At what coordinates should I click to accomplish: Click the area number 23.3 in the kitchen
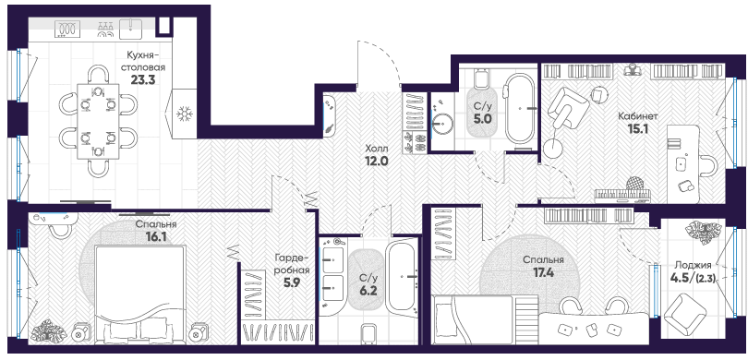[x=143, y=79]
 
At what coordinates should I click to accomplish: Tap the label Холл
[x=378, y=148]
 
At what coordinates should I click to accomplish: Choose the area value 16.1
[x=156, y=235]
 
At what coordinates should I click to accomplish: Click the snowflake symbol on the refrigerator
[x=183, y=114]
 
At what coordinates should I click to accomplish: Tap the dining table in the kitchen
[x=98, y=122]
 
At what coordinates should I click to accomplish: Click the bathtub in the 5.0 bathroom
[x=520, y=109]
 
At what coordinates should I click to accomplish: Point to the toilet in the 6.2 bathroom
[x=369, y=334]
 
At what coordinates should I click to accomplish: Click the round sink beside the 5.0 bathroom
[x=441, y=126]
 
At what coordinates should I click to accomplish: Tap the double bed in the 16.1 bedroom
[x=140, y=294]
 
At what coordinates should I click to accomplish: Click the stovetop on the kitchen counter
[x=67, y=29]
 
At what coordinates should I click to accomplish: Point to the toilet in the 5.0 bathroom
[x=482, y=78]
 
